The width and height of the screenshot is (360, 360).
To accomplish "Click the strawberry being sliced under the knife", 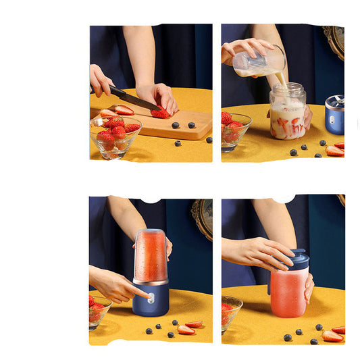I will click(161, 113).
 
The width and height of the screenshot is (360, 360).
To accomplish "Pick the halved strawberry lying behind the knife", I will click(124, 109).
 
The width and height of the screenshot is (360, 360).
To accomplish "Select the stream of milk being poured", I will click(280, 79).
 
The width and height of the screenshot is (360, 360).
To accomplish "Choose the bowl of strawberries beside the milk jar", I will click(234, 130).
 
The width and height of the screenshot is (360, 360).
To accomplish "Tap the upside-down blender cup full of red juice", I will click(151, 255).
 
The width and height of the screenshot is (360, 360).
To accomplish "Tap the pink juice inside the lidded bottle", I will click(289, 294).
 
